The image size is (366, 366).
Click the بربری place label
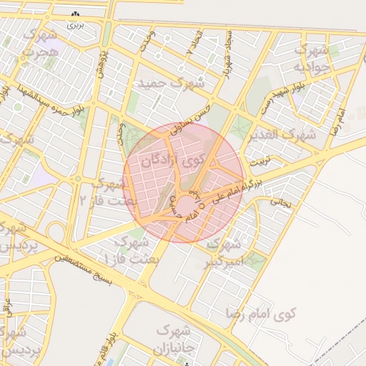tap(75, 24)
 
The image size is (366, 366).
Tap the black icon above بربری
tap(76, 14)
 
